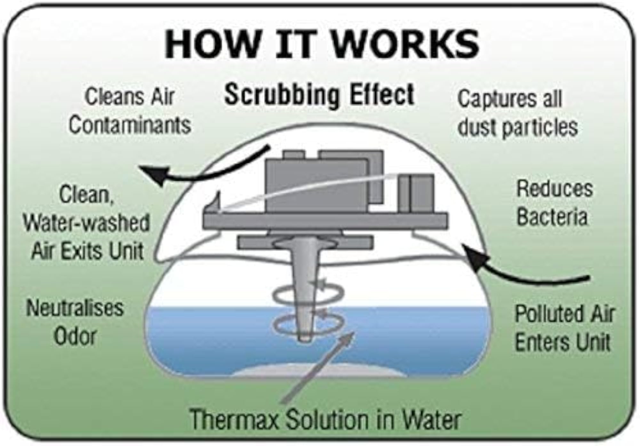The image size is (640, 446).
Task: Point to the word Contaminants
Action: (130, 125)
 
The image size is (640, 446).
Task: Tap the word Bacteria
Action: (552, 217)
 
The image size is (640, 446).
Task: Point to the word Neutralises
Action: (75, 308)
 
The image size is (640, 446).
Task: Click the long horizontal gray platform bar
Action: (325, 221)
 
